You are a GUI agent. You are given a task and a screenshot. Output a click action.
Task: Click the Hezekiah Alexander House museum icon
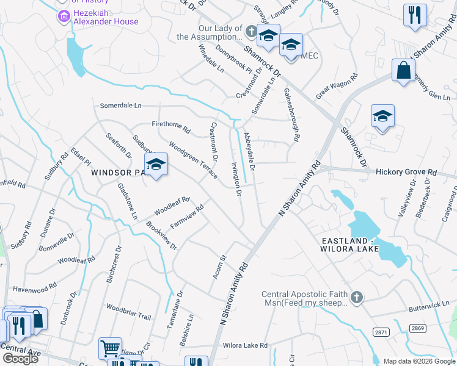point(63,16)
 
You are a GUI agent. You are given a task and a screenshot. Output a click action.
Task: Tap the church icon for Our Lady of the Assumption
point(250,32)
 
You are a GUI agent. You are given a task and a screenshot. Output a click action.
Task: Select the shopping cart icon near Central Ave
point(110,348)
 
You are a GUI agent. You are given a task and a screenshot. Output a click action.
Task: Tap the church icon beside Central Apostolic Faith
point(356,298)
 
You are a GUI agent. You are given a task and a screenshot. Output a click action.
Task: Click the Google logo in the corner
point(20,358)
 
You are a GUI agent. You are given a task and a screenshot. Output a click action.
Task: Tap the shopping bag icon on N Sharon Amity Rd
point(403,71)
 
